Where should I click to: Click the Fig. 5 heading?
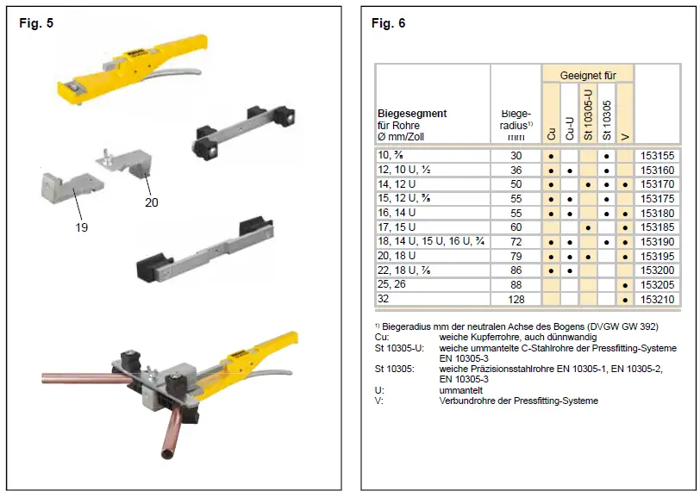[36, 23]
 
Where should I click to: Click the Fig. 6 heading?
[388, 23]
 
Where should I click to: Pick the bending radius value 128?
[516, 299]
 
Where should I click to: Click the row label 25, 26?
[391, 284]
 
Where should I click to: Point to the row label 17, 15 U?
[397, 227]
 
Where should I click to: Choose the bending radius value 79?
[516, 256]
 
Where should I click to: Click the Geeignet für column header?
[588, 76]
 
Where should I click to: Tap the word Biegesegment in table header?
[412, 113]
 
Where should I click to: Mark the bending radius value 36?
[516, 171]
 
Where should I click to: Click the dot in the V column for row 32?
[625, 299]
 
